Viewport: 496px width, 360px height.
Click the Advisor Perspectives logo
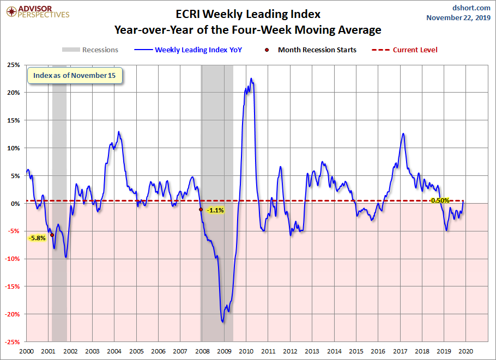(37, 11)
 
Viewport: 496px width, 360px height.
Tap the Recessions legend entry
(90, 50)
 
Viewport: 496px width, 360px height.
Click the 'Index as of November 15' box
(75, 76)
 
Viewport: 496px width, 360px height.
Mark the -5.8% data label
(37, 238)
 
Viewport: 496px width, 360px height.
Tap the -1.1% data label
(215, 210)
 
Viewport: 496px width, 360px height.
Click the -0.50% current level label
(439, 200)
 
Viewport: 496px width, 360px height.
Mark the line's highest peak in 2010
(251, 78)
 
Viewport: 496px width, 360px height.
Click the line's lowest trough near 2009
(222, 322)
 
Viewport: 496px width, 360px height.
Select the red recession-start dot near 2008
(201, 210)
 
